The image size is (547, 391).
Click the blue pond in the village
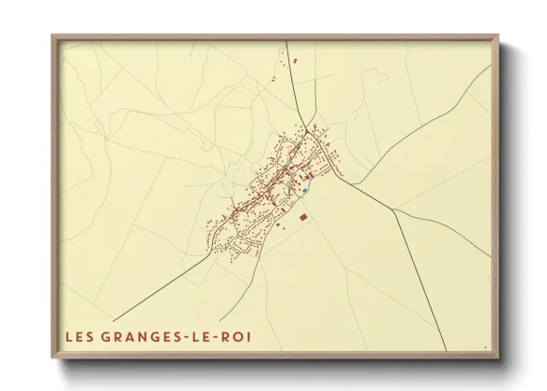coord(305,191)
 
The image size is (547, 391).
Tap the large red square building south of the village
coord(303,216)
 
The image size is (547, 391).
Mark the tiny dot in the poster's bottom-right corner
coord(485,347)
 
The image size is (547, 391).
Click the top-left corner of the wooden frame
coord(52,35)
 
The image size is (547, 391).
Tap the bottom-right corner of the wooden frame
coord(499,359)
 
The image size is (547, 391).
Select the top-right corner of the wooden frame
coord(499,35)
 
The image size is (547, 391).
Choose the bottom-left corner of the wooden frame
coord(52,359)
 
